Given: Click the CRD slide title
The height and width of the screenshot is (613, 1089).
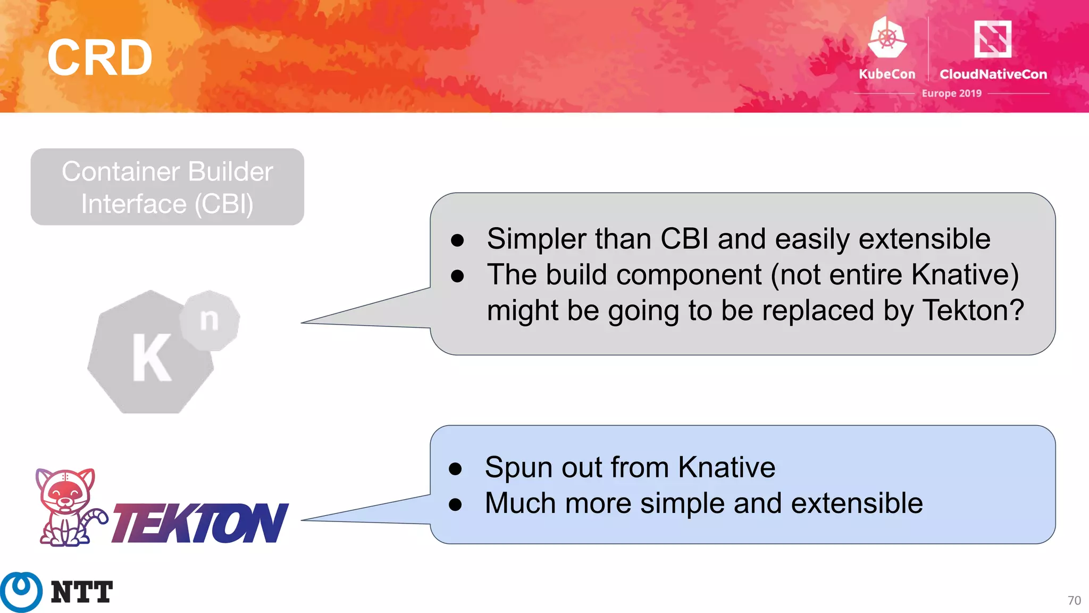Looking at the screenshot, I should pos(99,57).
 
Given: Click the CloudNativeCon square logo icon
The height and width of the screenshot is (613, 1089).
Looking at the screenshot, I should pos(992,38).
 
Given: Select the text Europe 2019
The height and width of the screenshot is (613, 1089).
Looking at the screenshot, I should pos(951,93).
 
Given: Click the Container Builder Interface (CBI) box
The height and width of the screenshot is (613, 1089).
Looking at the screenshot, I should pos(167,187).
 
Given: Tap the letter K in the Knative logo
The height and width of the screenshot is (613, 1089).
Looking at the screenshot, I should pos(151,358).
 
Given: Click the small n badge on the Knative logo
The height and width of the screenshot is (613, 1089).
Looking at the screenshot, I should pos(210,320).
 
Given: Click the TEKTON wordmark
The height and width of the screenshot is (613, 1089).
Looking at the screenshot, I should pos(200,523).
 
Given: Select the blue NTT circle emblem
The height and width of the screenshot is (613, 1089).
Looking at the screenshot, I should pos(21,591).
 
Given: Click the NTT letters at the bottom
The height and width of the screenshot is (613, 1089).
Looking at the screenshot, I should pos(82,592).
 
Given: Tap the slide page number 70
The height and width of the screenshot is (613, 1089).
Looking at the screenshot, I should pos(1074,600).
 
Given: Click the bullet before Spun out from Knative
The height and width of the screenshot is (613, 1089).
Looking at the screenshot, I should pos(455,469).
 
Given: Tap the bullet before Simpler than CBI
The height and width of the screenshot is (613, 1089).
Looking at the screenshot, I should pos(457,240).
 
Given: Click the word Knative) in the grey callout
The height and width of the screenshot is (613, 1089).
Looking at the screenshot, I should pos(965,275).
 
